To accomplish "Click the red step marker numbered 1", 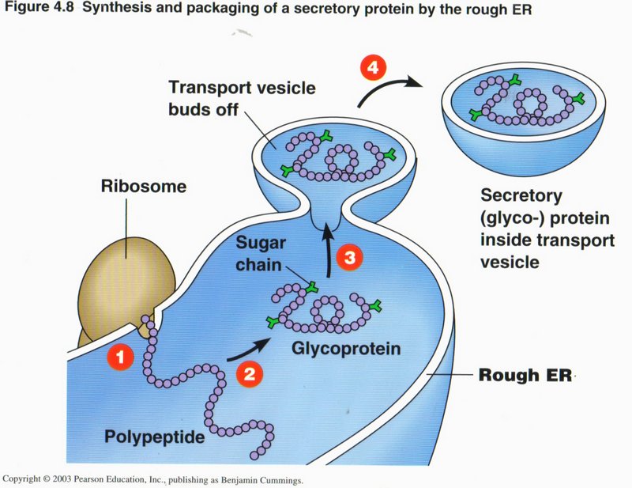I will pyautogui.click(x=121, y=357).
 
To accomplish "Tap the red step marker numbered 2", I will pyautogui.click(x=249, y=376).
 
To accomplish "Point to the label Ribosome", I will pyautogui.click(x=143, y=187).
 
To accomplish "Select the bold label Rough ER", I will pyautogui.click(x=523, y=375).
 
